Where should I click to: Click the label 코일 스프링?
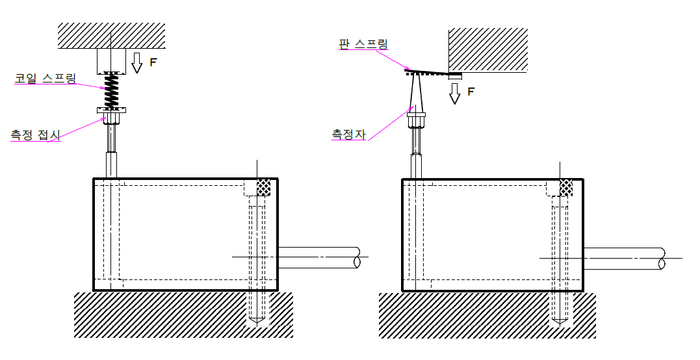tap(45, 79)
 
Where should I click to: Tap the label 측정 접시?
tap(35, 135)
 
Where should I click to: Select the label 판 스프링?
tap(363, 44)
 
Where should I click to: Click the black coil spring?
tap(112, 90)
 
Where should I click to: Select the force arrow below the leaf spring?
tap(455, 93)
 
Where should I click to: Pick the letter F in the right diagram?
tap(471, 92)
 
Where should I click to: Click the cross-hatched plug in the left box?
tap(263, 187)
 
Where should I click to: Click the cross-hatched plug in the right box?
tap(566, 187)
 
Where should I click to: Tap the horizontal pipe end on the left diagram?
tap(356, 258)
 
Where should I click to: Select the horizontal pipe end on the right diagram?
tap(660, 258)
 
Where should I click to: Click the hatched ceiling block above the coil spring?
tap(111, 36)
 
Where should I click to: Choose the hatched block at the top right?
tap(487, 49)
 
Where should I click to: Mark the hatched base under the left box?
tap(162, 315)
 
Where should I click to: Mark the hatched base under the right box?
tap(468, 315)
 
